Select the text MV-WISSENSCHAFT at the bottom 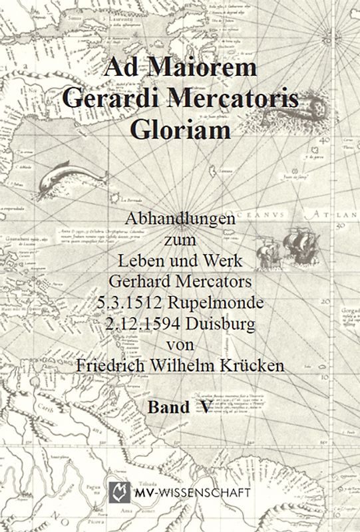[190, 493]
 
